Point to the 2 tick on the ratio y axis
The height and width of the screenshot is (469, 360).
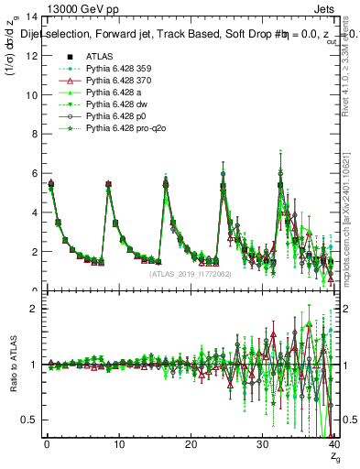coord(29,309)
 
